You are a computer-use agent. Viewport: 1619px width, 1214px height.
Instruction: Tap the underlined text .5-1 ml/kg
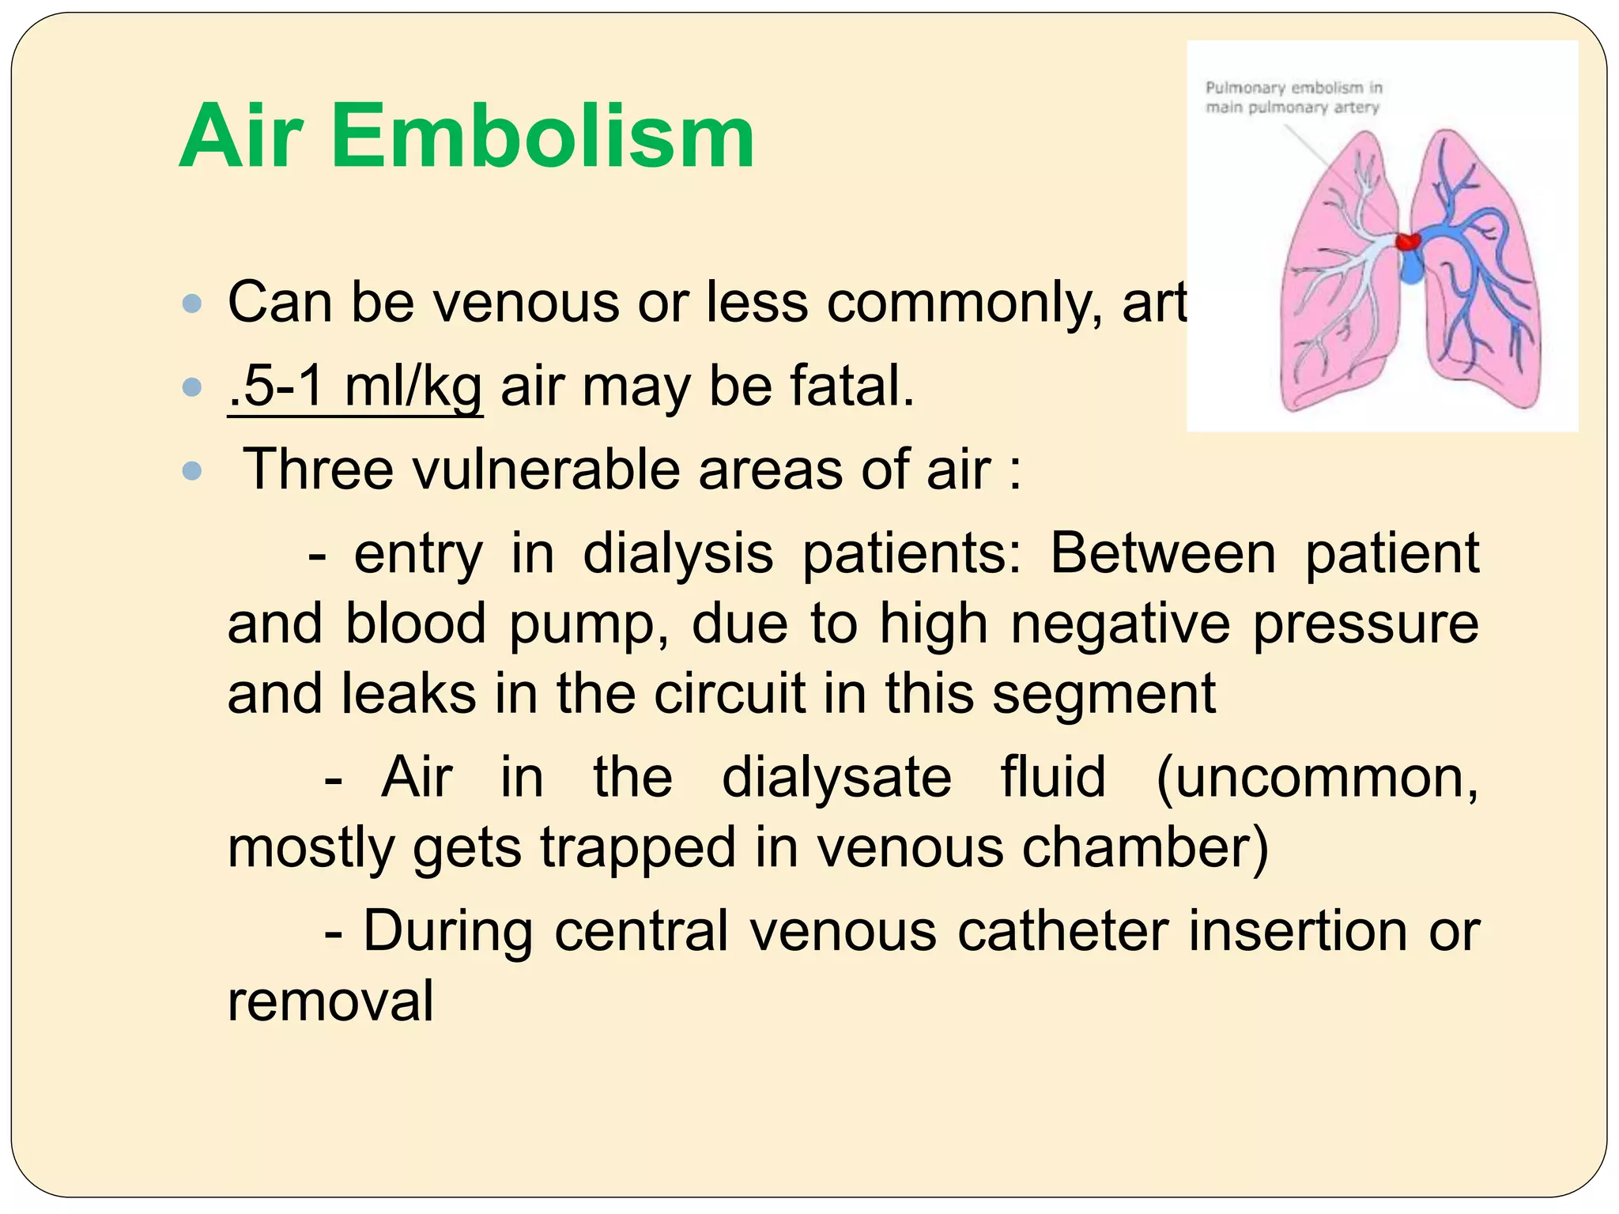(355, 387)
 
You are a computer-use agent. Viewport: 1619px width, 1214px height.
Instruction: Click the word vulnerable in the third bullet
(545, 469)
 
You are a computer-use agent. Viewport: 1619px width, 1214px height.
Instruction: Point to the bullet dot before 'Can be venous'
(192, 303)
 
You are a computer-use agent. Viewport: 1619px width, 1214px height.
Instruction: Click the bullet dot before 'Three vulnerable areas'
(192, 472)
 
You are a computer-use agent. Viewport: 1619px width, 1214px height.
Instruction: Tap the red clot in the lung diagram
(1406, 240)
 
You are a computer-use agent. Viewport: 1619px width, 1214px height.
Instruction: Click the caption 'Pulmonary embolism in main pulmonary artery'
(1293, 97)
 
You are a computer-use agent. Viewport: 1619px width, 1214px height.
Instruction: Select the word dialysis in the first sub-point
(677, 553)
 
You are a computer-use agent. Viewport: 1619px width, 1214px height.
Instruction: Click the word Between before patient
(1162, 553)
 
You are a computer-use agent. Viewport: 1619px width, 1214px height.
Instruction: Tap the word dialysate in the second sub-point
(836, 778)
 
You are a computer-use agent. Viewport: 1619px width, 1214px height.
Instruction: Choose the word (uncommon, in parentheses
(1317, 778)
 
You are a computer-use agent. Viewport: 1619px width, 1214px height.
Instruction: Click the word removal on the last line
(330, 1001)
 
